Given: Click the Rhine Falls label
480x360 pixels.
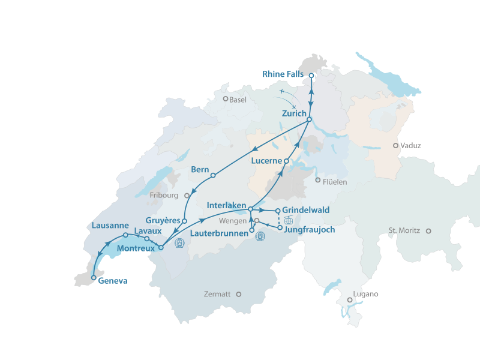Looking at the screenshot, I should click(283, 74).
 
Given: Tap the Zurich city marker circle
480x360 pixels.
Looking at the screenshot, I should click(309, 119).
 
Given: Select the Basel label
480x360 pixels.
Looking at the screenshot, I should click(238, 100).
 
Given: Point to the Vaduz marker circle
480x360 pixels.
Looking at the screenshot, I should click(395, 145).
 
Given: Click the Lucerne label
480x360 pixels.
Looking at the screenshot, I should click(266, 161).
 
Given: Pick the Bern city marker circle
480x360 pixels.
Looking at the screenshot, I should click(213, 175).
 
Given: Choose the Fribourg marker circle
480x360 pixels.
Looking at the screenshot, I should click(187, 195).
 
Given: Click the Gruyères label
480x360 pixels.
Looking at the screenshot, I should click(163, 220).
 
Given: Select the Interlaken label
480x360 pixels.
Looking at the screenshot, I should click(226, 206).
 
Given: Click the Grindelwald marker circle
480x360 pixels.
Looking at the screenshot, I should click(278, 211).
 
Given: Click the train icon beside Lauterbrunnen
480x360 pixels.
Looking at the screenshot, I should click(260, 236).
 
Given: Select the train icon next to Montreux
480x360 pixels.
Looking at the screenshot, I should click(179, 243).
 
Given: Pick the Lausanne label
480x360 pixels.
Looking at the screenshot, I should click(111, 226).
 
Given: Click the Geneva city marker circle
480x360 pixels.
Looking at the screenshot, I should click(93, 278).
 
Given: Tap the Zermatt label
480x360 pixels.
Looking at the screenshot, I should click(217, 295).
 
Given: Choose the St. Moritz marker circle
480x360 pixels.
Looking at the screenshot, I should click(428, 230).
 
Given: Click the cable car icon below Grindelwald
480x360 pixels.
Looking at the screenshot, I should click(288, 220).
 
